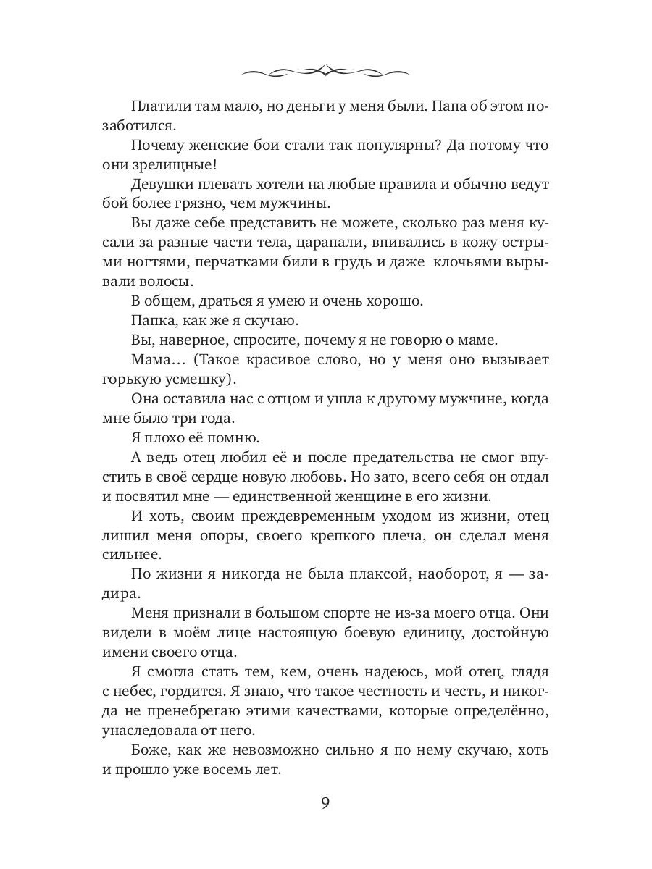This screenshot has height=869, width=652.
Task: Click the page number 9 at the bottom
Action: coord(325,804)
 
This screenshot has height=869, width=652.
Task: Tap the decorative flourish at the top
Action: coord(325,70)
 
